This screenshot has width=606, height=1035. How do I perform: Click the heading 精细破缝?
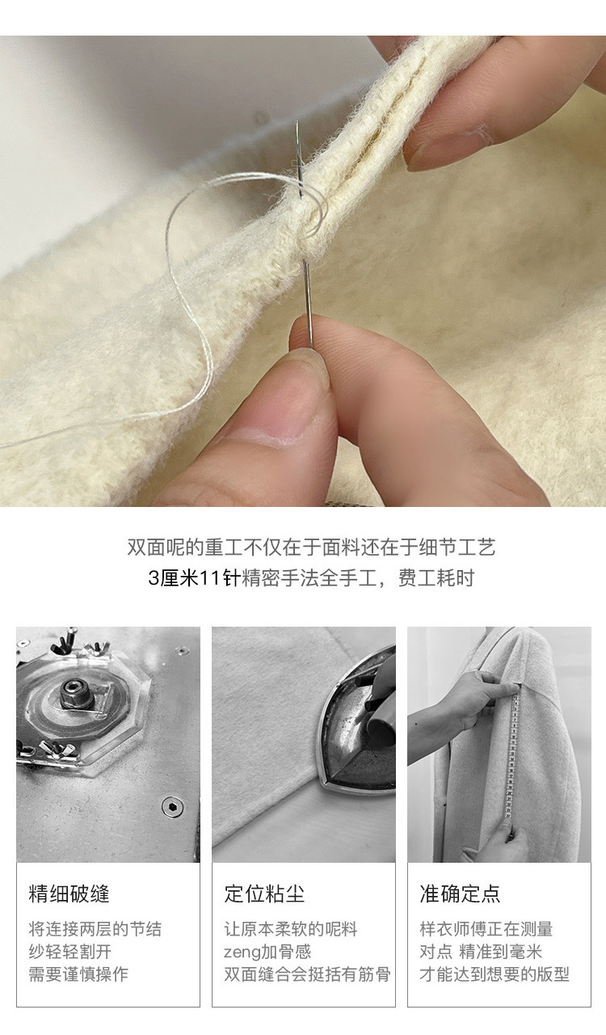pos(69,893)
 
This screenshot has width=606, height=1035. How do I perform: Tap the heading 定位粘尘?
pos(264,893)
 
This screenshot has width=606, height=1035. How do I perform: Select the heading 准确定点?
pos(460,893)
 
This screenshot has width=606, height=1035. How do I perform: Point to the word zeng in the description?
pos(242,953)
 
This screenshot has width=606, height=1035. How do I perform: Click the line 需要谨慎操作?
pos(78,974)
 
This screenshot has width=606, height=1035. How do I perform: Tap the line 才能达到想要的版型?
pos(494,974)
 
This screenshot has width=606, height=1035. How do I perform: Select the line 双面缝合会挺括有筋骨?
pos(307,974)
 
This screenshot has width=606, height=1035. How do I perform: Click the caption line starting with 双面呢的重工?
pos(311,547)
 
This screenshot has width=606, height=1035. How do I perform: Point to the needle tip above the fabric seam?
pos(298,122)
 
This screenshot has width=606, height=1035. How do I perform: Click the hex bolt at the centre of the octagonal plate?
pos(72,691)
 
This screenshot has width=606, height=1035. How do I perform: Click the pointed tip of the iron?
pos(322,780)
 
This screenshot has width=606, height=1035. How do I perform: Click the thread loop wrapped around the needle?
pos(315,213)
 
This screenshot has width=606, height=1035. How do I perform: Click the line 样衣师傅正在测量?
pos(486,929)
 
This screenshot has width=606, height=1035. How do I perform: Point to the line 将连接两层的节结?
pos(95,929)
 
